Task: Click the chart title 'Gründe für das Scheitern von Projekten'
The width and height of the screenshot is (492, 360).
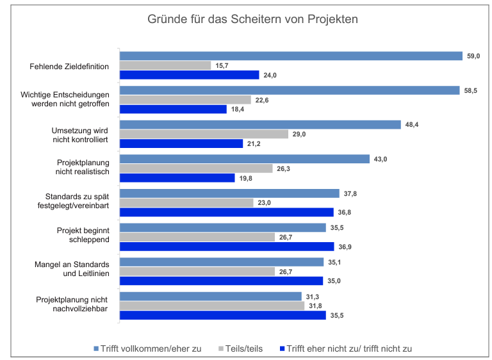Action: pos(253,19)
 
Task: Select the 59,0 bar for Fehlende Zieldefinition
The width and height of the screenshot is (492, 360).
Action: pos(291,56)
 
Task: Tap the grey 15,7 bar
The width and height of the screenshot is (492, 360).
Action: pos(165,65)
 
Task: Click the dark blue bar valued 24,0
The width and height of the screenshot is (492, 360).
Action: pos(190,75)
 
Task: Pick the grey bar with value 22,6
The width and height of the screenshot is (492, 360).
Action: pos(185,100)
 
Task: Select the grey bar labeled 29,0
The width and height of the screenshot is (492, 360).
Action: pos(204,135)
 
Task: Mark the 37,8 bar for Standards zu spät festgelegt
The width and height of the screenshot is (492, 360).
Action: pos(229,193)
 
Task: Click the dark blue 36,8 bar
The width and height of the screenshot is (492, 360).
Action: pos(227,212)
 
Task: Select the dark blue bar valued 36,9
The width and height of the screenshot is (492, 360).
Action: pos(227,247)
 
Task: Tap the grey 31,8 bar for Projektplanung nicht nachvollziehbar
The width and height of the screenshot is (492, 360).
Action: pos(212,306)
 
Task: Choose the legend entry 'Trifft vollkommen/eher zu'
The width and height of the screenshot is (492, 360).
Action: pos(149,348)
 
